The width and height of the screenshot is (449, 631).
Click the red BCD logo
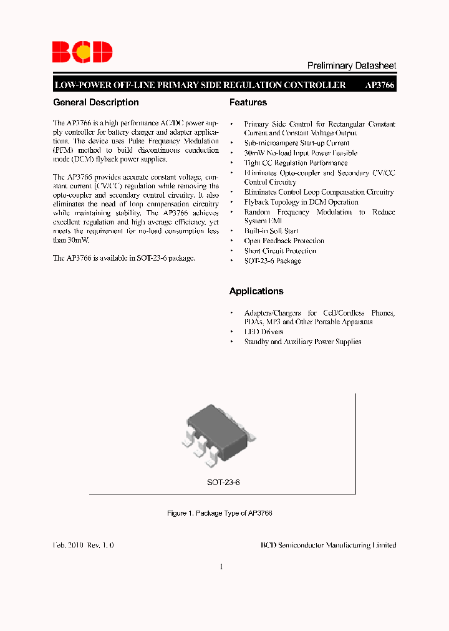click(x=82, y=52)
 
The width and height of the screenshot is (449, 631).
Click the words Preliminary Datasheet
click(x=352, y=65)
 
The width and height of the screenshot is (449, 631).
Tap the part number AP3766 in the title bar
click(x=380, y=85)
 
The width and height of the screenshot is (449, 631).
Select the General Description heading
click(x=96, y=102)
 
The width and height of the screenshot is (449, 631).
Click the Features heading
click(x=248, y=102)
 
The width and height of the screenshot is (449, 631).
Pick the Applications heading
click(x=256, y=291)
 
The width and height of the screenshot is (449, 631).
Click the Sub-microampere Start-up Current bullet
click(x=296, y=143)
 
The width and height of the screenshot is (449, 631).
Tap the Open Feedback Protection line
click(x=284, y=241)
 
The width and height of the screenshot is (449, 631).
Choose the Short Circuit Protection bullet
click(x=280, y=251)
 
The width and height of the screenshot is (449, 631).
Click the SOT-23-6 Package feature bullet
click(x=273, y=261)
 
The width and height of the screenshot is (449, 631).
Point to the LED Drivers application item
click(x=264, y=332)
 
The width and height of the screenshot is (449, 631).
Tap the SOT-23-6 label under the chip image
click(x=223, y=483)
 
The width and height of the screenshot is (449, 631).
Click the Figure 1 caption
click(x=220, y=513)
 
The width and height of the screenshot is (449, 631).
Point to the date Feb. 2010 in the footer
click(x=68, y=545)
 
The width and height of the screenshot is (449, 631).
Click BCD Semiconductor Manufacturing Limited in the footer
click(x=328, y=545)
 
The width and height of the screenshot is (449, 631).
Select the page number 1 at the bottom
click(x=221, y=567)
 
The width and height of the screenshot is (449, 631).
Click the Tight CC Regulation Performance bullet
click(x=296, y=163)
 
